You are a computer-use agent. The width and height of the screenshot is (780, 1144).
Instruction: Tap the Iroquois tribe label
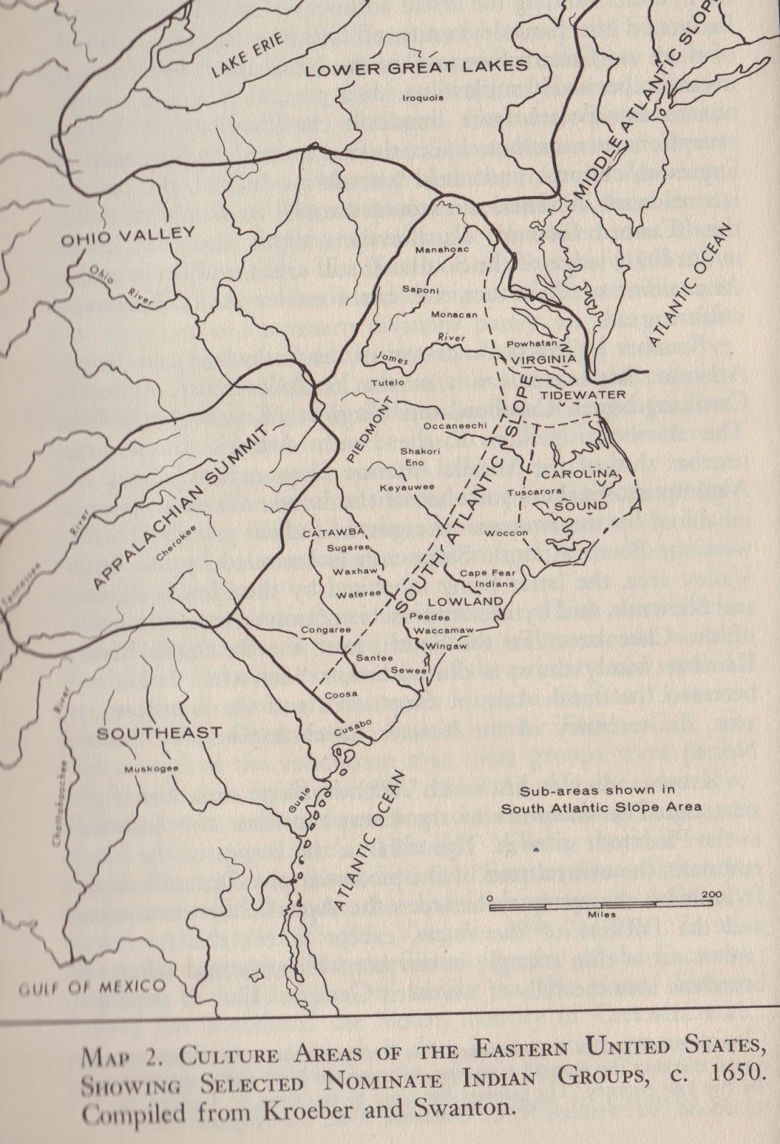point(423,98)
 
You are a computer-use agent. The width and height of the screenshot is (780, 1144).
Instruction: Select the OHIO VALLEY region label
point(127,235)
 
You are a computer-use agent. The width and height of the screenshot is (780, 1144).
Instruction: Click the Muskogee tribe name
point(150,769)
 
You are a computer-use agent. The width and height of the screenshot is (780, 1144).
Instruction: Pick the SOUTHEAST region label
point(159,733)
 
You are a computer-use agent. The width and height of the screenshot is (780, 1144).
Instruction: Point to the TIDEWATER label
point(572,395)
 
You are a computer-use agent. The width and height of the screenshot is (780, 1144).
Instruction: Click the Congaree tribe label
point(326,630)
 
